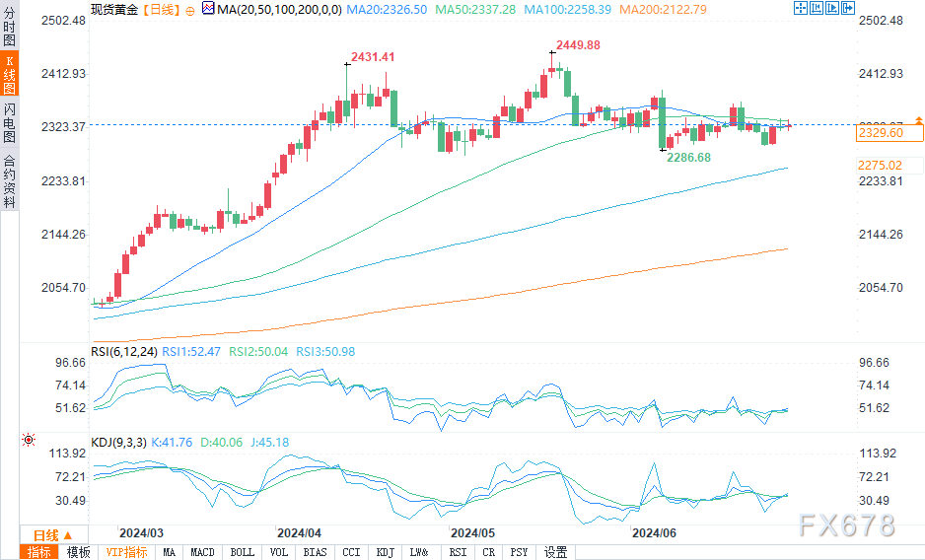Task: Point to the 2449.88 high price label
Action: pos(578,45)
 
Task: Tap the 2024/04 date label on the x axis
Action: pos(300,530)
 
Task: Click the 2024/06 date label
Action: pos(653,530)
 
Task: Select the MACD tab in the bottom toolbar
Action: pos(202,552)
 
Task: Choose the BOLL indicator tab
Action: pos(242,552)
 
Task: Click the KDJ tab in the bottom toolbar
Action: pos(385,552)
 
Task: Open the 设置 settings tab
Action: pos(555,552)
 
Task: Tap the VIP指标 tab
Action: pos(126,552)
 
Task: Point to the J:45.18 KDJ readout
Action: pos(269,443)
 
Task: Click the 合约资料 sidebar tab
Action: pos(10,181)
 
